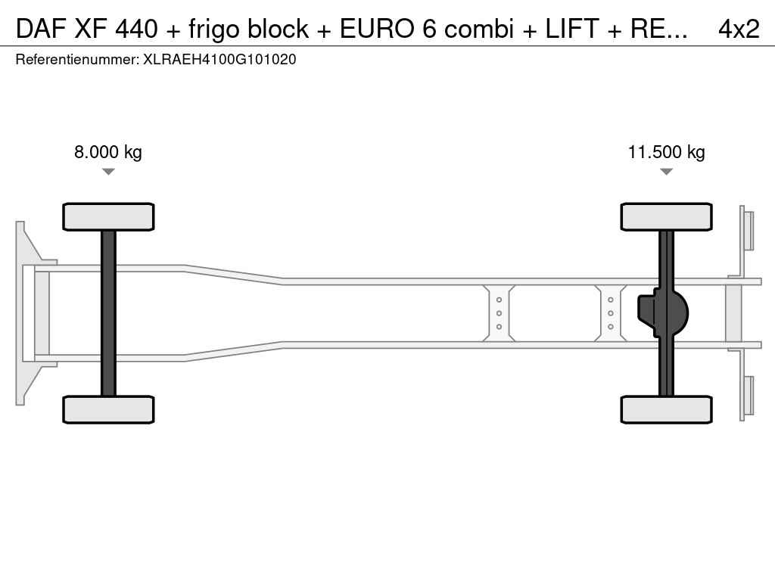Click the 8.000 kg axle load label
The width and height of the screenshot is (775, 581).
click(107, 152)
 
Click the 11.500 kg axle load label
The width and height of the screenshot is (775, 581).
click(666, 152)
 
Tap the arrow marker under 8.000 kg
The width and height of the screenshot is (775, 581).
click(108, 172)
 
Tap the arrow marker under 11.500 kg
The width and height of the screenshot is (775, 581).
click(666, 172)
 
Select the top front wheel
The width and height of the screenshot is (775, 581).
click(108, 216)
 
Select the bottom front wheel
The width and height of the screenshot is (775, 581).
click(108, 409)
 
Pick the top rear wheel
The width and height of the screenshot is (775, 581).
click(666, 216)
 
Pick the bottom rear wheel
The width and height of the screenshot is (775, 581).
click(666, 409)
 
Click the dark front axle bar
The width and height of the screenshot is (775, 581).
click(108, 313)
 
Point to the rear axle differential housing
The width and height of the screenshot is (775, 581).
click(662, 313)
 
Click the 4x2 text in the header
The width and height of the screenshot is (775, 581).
click(739, 29)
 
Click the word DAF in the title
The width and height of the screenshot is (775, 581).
click(41, 29)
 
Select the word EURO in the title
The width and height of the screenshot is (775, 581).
click(377, 29)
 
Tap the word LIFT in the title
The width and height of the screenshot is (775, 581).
click(572, 29)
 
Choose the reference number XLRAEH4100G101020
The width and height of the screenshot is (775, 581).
click(219, 60)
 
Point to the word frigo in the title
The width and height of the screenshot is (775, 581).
click(213, 30)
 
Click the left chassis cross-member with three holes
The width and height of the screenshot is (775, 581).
click(499, 313)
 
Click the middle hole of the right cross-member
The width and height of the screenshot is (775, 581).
click(611, 313)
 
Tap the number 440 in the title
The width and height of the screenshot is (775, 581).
click(136, 29)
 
